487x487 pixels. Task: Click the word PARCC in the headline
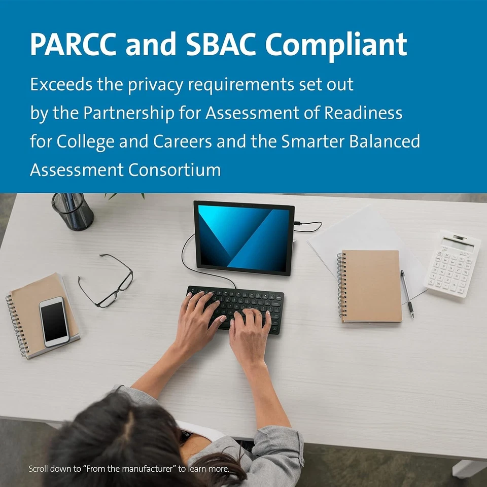tap(73, 44)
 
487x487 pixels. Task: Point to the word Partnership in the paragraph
tap(128, 113)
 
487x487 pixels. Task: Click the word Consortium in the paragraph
tap(174, 170)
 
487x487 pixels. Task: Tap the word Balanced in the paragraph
tap(385, 142)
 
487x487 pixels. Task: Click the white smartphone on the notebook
tap(54, 322)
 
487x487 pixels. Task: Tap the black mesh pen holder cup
tap(73, 211)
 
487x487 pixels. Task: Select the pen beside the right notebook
tap(407, 294)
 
